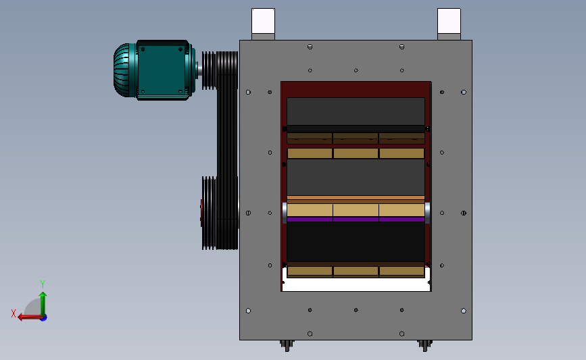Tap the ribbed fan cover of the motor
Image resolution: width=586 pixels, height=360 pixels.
coord(124,70)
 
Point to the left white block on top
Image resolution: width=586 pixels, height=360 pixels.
coord(263,22)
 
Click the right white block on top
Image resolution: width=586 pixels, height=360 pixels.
coord(449,22)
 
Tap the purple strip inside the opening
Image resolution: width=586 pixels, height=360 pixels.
coord(356,220)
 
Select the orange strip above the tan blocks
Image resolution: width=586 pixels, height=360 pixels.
coord(356,198)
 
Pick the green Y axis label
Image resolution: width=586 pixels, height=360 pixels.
coord(42,284)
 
